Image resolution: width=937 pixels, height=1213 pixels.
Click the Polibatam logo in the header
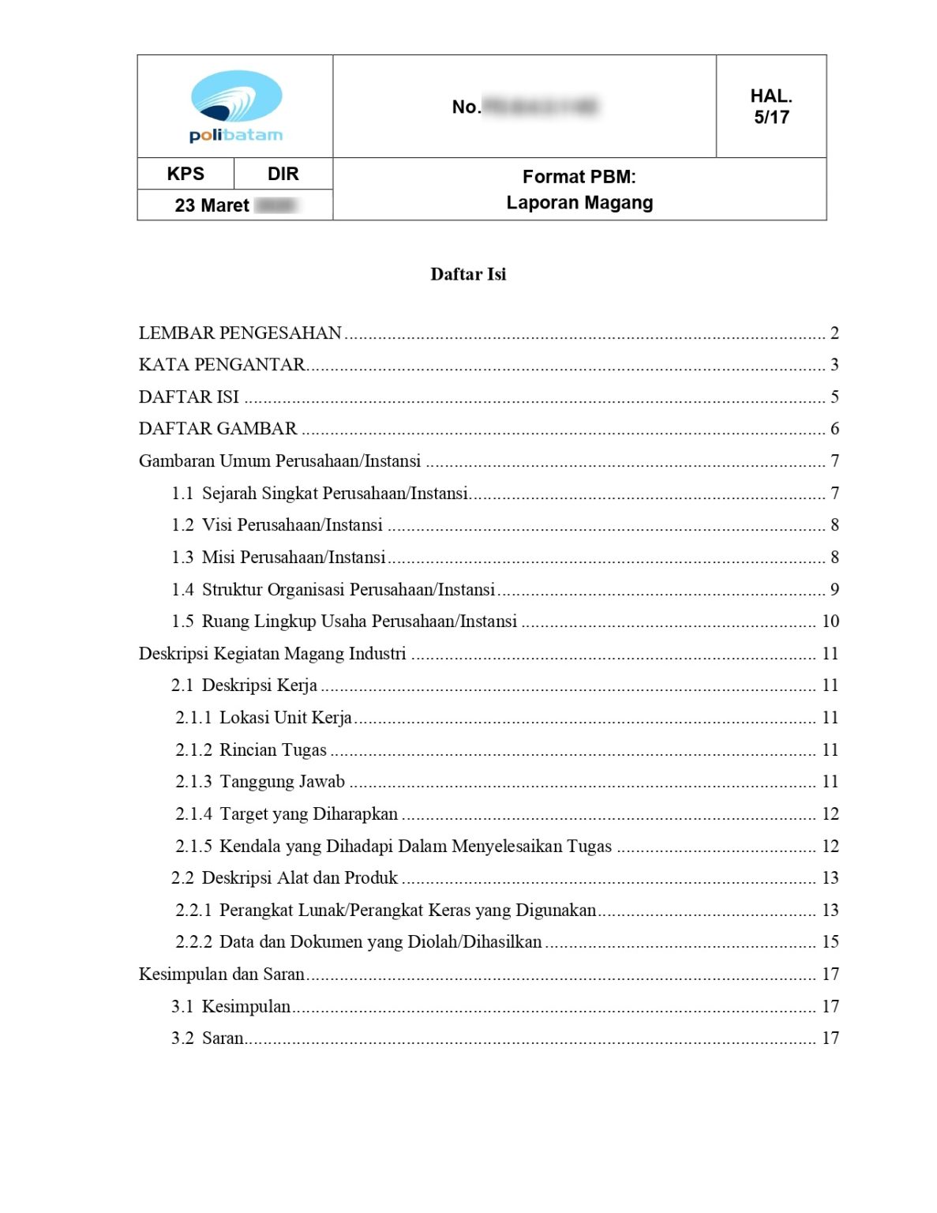coord(235,107)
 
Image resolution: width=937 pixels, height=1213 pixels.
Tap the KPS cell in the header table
coord(186,174)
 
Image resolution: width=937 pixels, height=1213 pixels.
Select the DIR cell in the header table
coord(283,174)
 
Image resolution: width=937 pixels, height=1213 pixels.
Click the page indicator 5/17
coord(771,118)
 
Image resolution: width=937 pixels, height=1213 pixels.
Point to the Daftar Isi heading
coord(468,274)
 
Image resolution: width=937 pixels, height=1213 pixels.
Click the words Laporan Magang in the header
coord(579,203)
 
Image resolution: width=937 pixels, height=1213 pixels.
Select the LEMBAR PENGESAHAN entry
coord(240,333)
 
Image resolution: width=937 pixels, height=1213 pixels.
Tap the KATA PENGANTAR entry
coord(222,365)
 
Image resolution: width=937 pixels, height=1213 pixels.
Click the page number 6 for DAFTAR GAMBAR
coord(834,429)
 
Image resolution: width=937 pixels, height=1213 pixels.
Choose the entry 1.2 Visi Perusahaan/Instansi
coord(277,525)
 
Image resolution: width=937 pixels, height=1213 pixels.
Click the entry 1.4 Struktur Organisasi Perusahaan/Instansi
coord(333,590)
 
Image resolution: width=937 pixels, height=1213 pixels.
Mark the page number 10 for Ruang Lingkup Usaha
coord(830,622)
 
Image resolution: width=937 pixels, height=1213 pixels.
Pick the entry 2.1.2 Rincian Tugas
coord(251,750)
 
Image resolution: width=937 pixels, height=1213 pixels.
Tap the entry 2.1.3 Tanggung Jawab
coord(260,782)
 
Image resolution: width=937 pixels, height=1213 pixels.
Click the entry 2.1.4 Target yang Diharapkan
coord(287,814)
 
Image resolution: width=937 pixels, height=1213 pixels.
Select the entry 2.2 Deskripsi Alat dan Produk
coord(284,878)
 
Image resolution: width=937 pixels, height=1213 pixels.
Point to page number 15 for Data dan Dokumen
coord(830,942)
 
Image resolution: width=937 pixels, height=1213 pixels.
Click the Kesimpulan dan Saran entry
coord(222,975)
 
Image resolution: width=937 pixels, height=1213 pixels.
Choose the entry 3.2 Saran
coord(208,1038)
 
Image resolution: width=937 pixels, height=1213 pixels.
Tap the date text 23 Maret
coord(212,205)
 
